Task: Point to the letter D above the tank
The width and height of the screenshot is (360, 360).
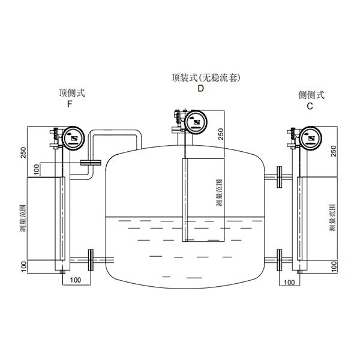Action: tap(201, 88)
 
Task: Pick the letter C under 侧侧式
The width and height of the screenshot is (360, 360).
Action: tap(310, 105)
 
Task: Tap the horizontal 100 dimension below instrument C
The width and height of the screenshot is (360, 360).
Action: tap(289, 281)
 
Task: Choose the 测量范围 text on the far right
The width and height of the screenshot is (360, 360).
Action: tap(334, 217)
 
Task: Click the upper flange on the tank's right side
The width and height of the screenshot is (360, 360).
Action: tap(280, 176)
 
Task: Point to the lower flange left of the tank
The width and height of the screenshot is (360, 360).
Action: tap(91, 259)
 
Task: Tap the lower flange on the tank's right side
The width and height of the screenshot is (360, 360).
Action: tap(280, 259)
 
